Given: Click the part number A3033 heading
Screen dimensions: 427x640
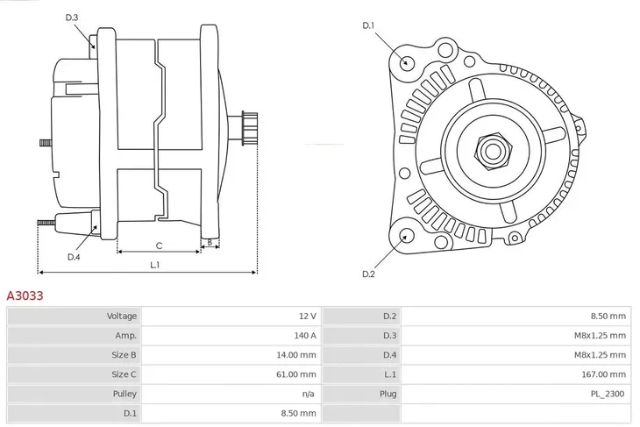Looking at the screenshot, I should click(25, 296).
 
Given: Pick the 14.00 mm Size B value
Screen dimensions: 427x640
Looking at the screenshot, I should click(295, 354).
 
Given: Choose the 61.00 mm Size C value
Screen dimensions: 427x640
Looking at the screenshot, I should click(295, 374).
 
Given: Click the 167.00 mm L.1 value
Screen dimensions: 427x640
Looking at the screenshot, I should click(605, 374).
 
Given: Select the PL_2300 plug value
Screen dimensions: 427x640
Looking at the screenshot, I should click(607, 394).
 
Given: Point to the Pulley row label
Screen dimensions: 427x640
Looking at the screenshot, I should click(124, 394).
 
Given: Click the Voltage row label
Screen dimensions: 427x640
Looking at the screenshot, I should click(122, 316).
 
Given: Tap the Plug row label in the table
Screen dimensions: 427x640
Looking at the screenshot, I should click(388, 394).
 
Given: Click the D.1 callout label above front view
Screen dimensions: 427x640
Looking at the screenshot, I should click(369, 25).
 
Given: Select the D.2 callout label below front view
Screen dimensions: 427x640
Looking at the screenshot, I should click(369, 274).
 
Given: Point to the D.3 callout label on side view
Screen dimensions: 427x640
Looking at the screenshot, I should click(72, 18).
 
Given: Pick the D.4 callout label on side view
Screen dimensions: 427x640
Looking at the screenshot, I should click(74, 257).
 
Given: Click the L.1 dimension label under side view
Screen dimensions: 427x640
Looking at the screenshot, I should click(154, 264).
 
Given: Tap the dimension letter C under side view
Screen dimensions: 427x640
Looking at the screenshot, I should click(159, 246).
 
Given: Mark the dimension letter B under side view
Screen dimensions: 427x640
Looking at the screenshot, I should click(209, 242).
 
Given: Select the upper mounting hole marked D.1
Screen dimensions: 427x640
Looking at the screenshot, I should click(406, 61).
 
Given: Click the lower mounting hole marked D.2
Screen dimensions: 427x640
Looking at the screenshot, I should click(406, 235).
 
